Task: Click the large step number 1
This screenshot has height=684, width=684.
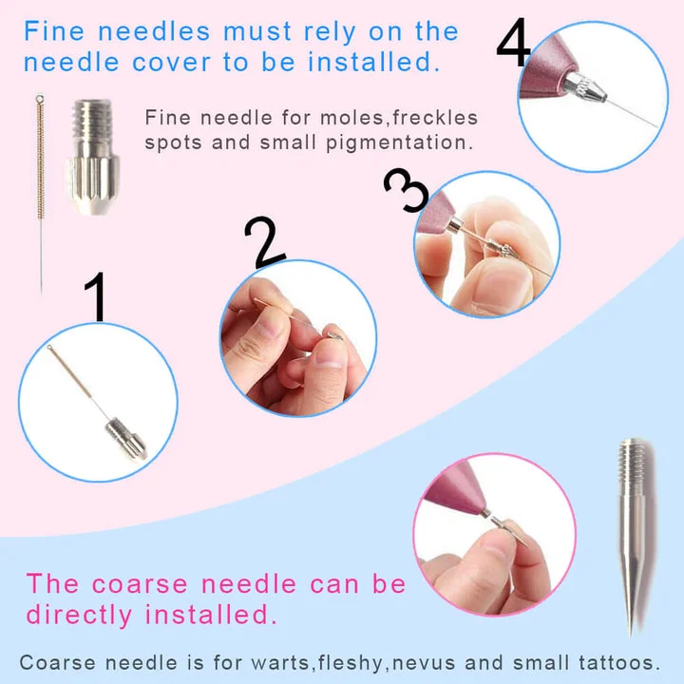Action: pyautogui.click(x=95, y=297)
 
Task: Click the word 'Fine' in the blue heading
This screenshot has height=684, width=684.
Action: pyautogui.click(x=59, y=30)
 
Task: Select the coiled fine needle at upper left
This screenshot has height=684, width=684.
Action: pyautogui.click(x=40, y=190)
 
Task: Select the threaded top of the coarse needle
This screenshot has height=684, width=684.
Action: pyautogui.click(x=632, y=461)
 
